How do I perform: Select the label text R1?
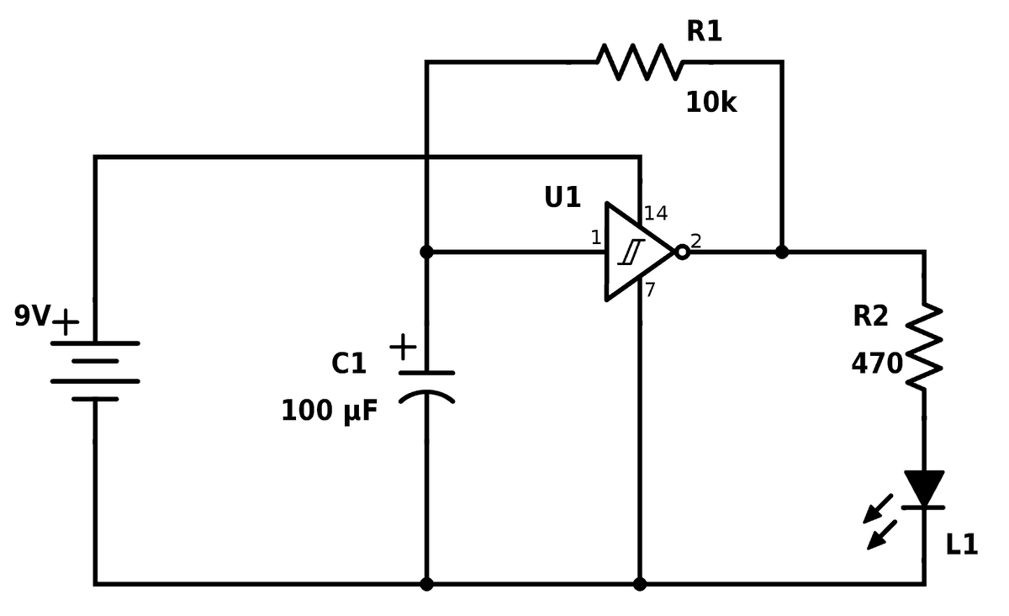704,31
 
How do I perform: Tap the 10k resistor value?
711,103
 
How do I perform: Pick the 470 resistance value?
876,364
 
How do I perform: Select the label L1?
962,544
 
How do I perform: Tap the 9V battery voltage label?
32,316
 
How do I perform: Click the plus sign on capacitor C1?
403,346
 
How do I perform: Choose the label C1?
348,364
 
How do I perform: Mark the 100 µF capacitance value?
329,412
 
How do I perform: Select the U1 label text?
563,198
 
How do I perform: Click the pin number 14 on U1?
656,214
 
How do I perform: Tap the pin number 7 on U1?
650,290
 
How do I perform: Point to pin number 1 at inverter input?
595,238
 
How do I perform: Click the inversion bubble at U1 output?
682,252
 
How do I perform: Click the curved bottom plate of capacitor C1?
426,396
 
